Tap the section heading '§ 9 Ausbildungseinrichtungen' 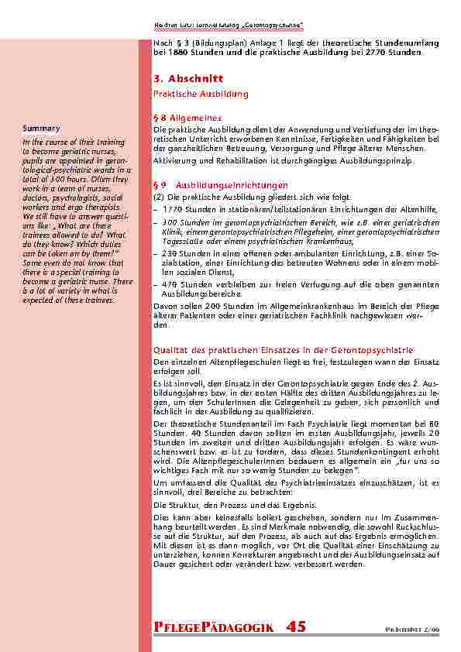click(221, 186)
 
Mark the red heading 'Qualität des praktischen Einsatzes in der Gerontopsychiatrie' click(284, 350)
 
